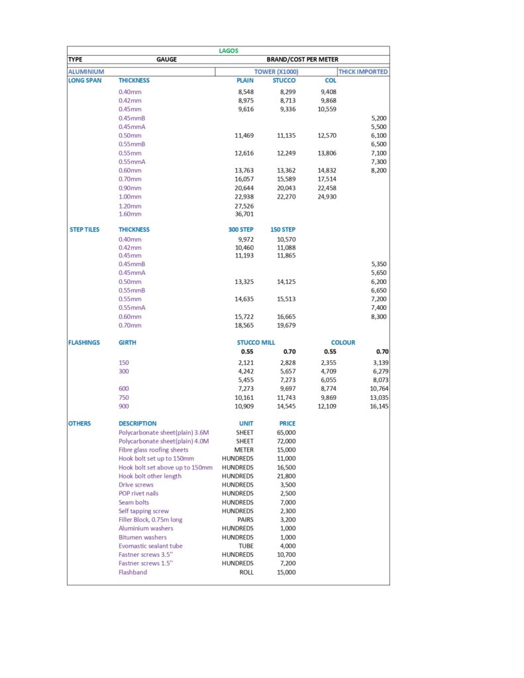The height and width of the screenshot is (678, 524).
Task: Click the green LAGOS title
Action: (229, 51)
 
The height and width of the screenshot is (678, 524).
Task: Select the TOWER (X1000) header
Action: (276, 72)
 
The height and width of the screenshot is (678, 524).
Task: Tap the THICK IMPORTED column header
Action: (363, 72)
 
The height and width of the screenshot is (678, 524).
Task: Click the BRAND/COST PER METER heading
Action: (302, 60)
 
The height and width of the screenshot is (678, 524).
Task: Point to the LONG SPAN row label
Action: (85, 81)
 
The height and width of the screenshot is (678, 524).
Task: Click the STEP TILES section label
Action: (85, 230)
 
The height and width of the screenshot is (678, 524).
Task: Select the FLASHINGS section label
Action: (84, 343)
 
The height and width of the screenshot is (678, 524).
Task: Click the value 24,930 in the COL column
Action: (327, 197)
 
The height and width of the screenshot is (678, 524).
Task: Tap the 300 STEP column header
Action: (240, 230)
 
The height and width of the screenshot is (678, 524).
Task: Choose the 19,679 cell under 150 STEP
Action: (286, 326)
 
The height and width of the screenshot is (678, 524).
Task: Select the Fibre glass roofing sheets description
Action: (154, 450)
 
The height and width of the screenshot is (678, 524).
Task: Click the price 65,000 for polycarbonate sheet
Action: (286, 432)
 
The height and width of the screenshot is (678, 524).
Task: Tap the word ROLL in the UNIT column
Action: (246, 572)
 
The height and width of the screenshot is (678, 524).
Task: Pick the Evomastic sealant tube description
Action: (150, 546)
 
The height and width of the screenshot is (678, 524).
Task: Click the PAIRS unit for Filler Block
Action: (244, 520)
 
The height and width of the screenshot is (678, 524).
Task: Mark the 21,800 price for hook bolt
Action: (286, 476)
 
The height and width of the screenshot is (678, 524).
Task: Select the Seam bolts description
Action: (134, 503)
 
